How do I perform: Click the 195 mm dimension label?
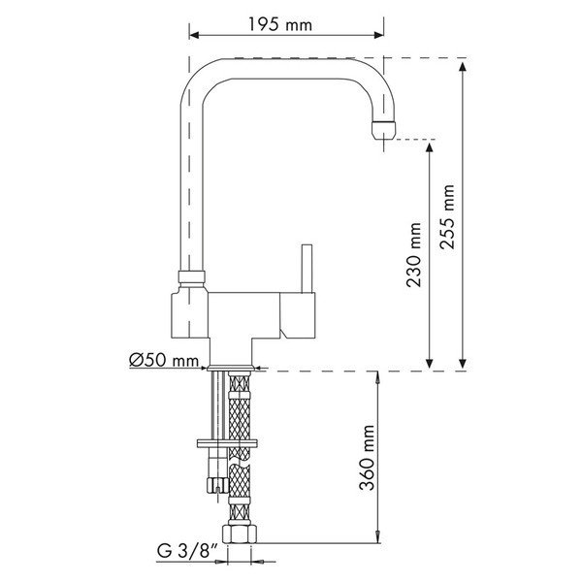tap(280, 24)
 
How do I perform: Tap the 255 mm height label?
tap(447, 216)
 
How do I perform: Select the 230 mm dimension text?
tap(414, 254)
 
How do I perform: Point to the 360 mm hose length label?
tap(367, 458)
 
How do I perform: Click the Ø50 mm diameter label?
tap(164, 360)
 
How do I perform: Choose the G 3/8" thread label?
tap(187, 551)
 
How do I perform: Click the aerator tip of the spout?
tap(384, 130)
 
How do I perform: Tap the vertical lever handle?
tap(307, 269)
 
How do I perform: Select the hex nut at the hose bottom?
tap(240, 533)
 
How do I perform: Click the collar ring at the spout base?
tap(191, 276)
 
